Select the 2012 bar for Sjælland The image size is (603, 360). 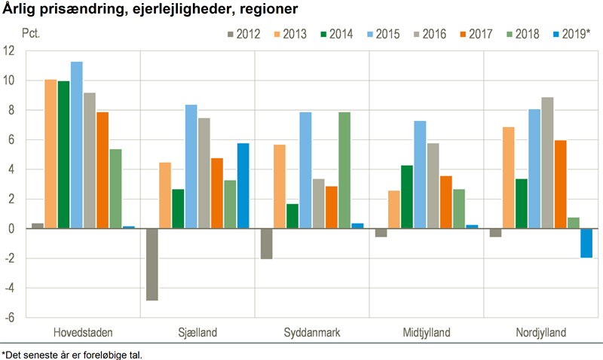coord(152,264)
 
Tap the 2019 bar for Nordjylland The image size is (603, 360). coord(586,243)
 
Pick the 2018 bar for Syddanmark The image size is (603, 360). coord(344,170)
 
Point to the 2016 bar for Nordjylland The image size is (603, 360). coord(547,163)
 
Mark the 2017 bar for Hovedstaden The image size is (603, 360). coord(103,170)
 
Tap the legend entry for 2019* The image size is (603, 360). coord(569,34)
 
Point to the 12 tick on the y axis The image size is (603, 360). coord(9,51)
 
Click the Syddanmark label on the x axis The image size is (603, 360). coord(312,333)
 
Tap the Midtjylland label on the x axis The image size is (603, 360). coord(427,333)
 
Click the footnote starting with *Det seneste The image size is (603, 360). coord(72,354)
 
